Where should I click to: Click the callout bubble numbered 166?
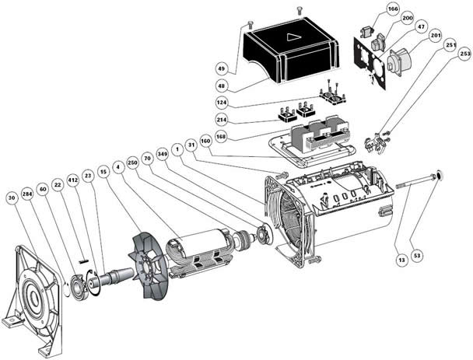393,10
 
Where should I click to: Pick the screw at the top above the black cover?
300,9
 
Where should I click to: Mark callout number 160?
205,141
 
